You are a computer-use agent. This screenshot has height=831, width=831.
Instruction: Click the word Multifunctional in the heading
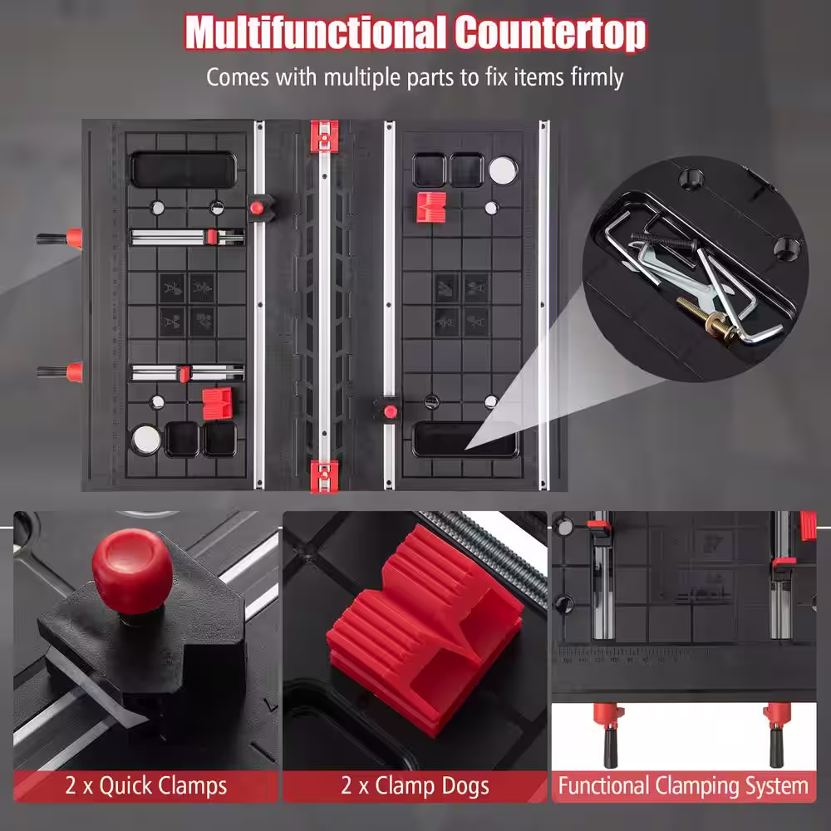[x=315, y=33]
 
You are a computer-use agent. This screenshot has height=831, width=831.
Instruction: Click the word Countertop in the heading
[x=551, y=34]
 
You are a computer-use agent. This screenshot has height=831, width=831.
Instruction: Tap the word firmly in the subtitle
[x=597, y=77]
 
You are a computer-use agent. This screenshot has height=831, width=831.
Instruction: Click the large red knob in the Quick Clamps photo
[x=132, y=570]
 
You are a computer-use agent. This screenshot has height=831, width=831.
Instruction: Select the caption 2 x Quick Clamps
[x=145, y=785]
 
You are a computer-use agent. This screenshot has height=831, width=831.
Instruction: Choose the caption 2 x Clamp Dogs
[x=415, y=785]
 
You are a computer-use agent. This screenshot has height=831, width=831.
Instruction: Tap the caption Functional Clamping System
[x=683, y=785]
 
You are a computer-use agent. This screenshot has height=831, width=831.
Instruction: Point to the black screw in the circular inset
[x=663, y=241]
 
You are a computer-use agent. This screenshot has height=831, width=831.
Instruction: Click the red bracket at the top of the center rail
[x=324, y=136]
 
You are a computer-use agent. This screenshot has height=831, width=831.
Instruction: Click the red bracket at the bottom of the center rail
[x=324, y=475]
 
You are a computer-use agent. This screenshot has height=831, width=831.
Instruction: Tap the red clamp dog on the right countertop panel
[x=430, y=207]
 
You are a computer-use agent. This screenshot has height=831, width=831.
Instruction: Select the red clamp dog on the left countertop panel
[x=217, y=403]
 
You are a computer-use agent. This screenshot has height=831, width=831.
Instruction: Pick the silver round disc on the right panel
[x=503, y=170]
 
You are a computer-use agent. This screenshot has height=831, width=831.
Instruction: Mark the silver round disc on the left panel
[x=146, y=440]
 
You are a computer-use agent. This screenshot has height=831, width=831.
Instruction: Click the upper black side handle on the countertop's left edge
[x=59, y=238]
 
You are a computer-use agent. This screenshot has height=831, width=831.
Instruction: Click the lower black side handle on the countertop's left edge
[x=59, y=371]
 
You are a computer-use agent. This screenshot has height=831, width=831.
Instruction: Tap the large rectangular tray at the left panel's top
[x=183, y=170]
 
